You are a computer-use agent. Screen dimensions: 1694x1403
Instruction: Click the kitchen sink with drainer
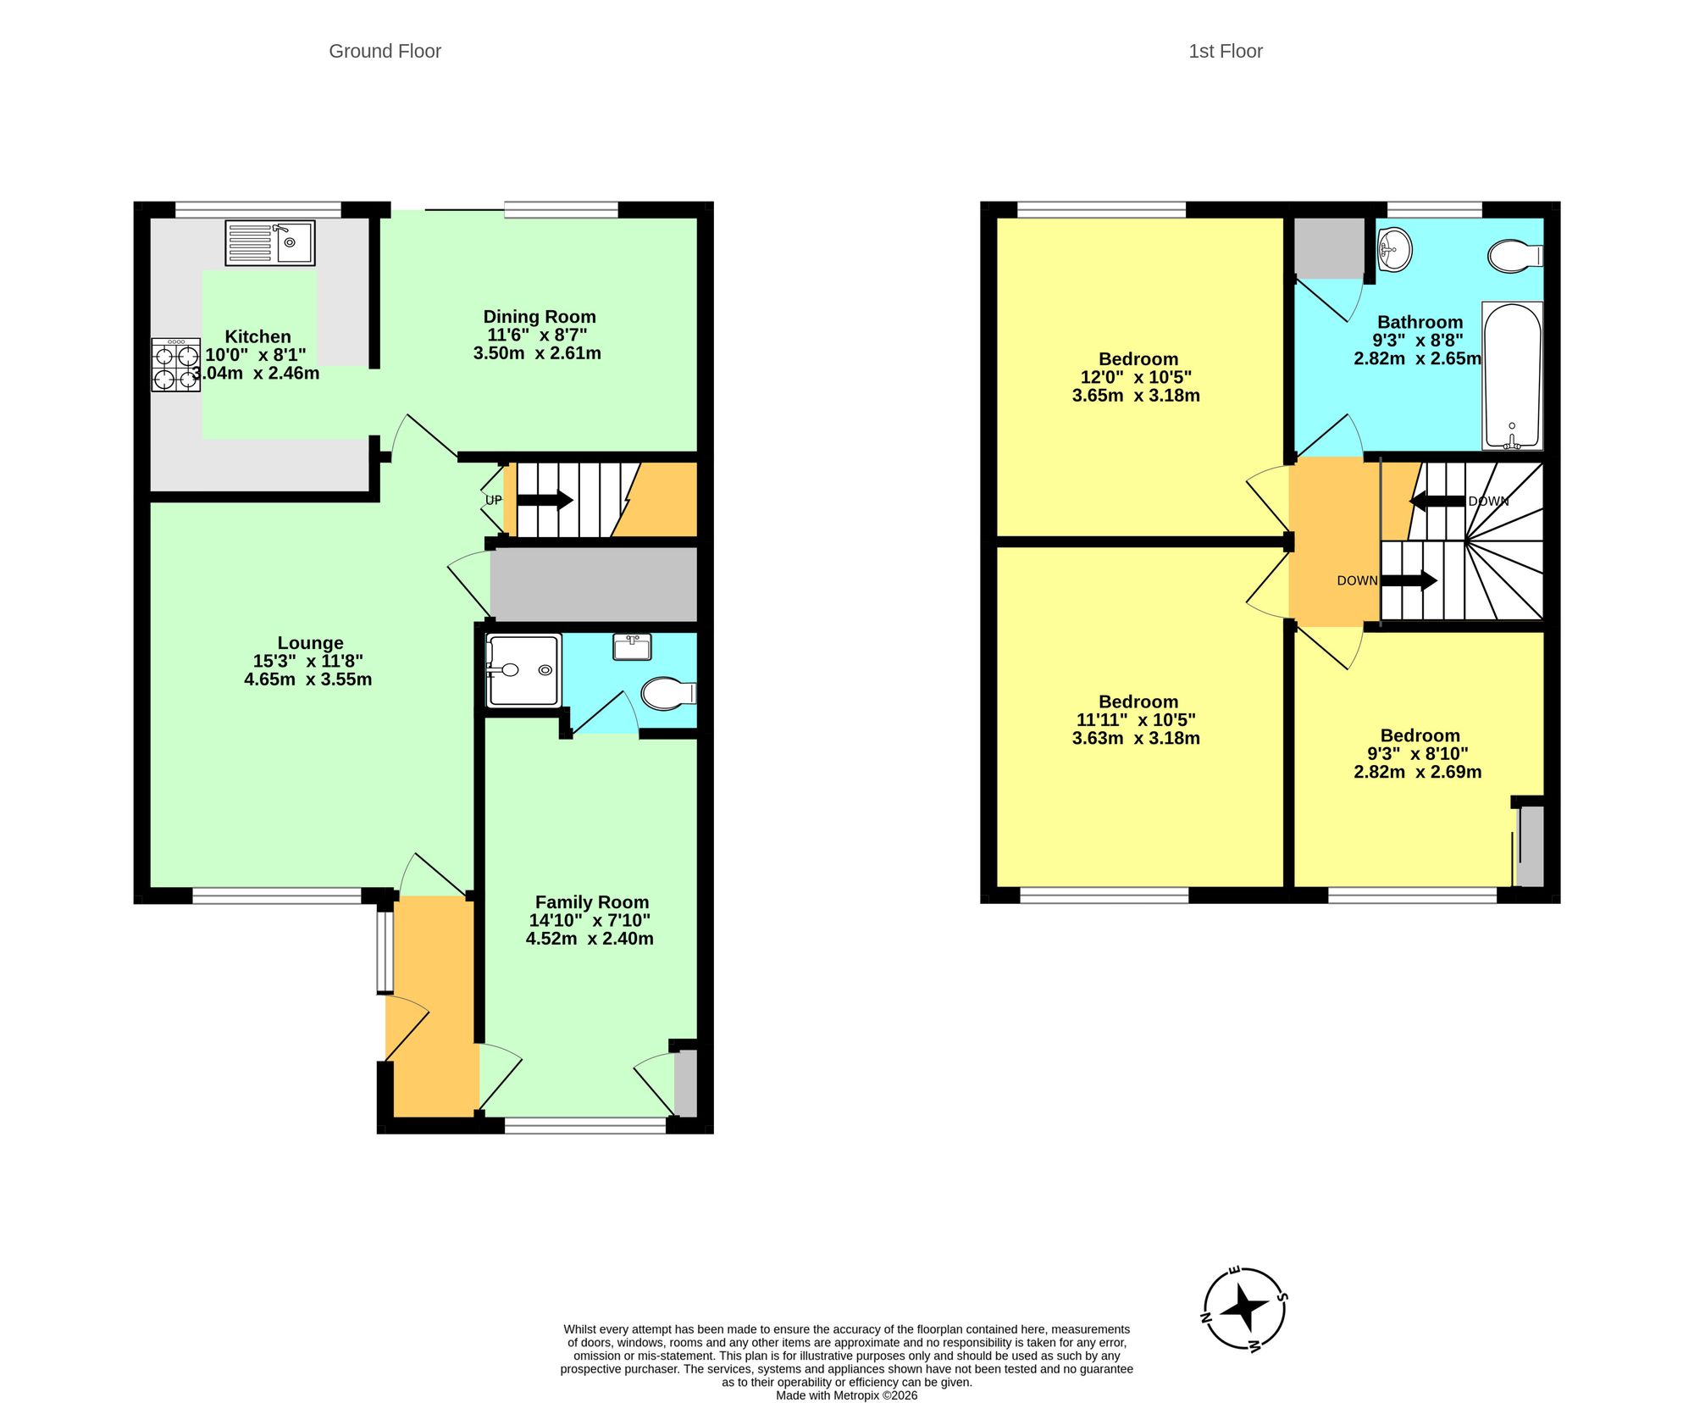(x=270, y=242)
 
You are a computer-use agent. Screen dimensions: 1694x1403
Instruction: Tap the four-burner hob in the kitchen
(x=176, y=365)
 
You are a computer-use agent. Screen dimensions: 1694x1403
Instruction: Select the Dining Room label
(x=540, y=317)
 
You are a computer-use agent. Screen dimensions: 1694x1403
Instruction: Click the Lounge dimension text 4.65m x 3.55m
(x=308, y=679)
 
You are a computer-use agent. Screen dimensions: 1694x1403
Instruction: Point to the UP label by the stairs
(x=493, y=500)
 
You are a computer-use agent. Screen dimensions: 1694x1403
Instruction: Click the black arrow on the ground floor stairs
(x=545, y=500)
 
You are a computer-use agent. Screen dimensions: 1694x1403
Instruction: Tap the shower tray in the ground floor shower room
(x=523, y=670)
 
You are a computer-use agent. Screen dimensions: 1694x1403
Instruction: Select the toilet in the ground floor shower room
(x=668, y=693)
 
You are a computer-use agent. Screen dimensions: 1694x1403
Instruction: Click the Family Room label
(x=592, y=902)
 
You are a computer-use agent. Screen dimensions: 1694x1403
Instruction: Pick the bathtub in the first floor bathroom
(x=1512, y=375)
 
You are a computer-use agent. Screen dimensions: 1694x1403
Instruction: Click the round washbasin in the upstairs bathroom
(x=1394, y=249)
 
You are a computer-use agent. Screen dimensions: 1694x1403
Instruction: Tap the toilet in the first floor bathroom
(x=1515, y=256)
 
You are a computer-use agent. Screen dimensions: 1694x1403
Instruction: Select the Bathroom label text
(x=1420, y=322)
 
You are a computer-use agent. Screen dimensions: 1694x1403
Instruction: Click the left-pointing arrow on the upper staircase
(x=1437, y=501)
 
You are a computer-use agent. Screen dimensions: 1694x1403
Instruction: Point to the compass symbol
(x=1245, y=1308)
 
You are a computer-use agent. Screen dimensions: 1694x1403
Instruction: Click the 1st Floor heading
(x=1226, y=52)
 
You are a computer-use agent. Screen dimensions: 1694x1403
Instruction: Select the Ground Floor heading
(x=385, y=52)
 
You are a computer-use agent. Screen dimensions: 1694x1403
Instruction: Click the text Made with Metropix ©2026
(x=847, y=1395)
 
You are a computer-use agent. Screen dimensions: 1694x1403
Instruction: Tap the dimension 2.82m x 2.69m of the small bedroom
(x=1418, y=772)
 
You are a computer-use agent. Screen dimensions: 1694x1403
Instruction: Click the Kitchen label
(x=257, y=336)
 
